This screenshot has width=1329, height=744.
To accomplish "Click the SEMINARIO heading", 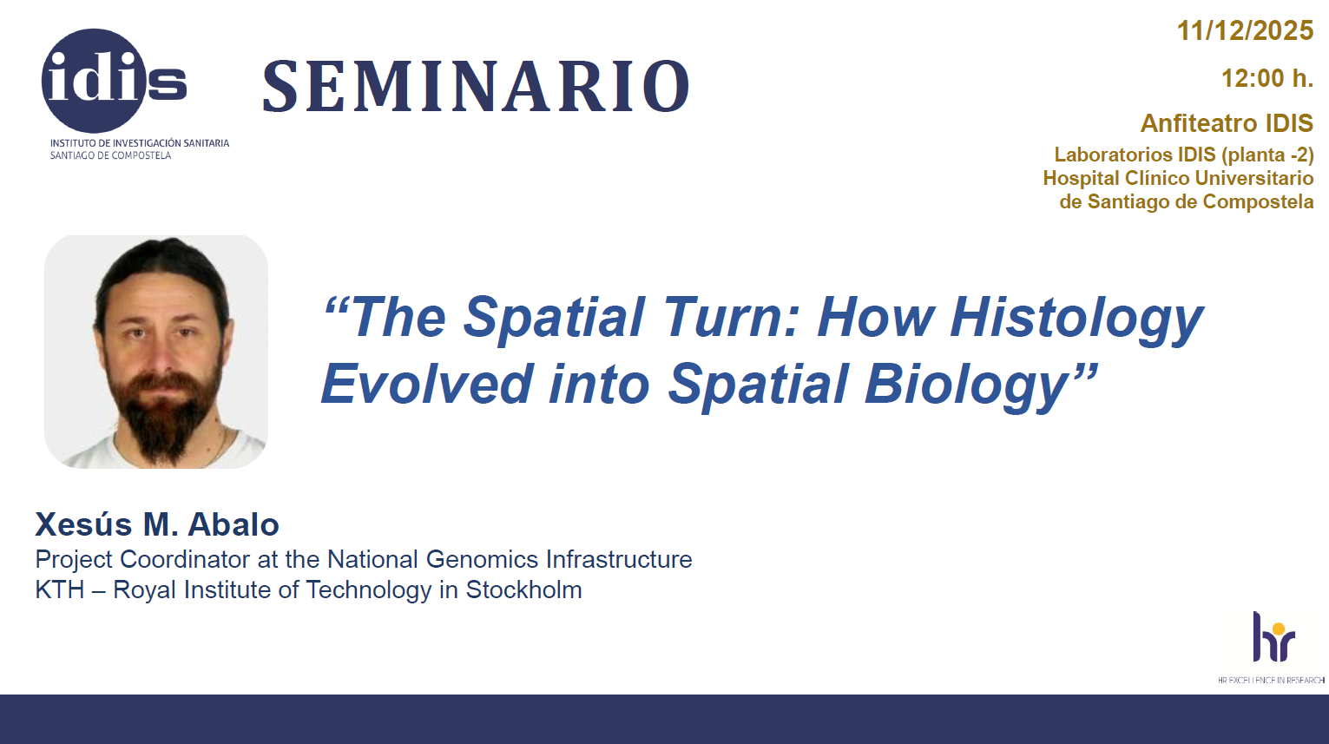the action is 477,87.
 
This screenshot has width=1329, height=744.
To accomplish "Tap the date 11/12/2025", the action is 1245,31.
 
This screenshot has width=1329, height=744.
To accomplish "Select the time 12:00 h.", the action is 1267,78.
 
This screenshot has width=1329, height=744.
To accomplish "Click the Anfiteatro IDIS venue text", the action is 1227,123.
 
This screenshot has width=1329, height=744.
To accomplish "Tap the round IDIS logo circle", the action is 93,81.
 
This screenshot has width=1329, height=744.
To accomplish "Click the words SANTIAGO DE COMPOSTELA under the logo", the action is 110,155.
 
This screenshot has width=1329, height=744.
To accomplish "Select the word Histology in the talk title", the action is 1076,319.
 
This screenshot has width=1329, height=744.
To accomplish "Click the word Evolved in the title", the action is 427,384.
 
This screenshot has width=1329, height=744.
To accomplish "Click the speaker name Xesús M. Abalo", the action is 157,524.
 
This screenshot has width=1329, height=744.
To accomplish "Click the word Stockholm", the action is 523,590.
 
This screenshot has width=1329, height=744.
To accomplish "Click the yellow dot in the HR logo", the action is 1280,629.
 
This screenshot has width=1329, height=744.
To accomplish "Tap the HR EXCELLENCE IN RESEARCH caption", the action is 1271,680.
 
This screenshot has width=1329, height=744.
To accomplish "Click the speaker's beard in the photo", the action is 161,410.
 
